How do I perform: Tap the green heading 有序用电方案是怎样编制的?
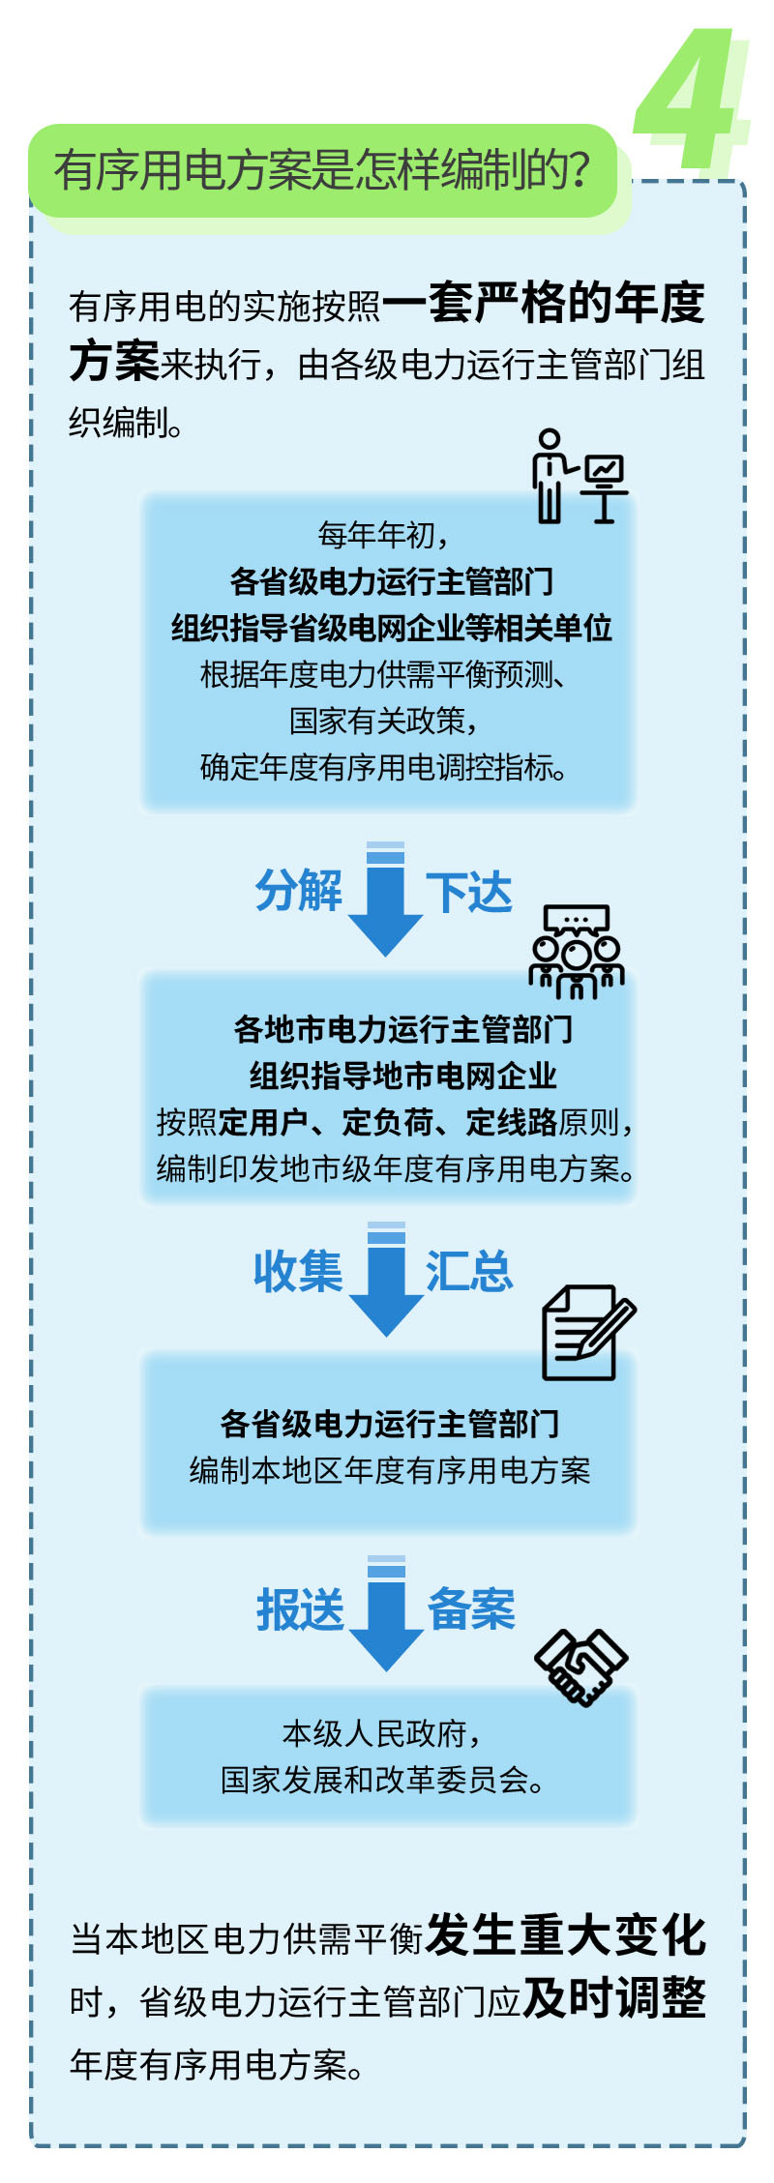[x=322, y=170]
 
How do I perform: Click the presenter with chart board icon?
[x=579, y=476]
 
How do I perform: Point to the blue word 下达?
[x=469, y=892]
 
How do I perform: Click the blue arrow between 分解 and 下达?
[x=386, y=899]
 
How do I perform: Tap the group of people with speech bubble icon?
[x=577, y=951]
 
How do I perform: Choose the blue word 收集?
[x=298, y=1271]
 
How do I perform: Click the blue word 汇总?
[x=469, y=1271]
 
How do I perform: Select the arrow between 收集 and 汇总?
[x=386, y=1279]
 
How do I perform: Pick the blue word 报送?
[x=300, y=1610]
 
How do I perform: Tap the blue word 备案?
[x=471, y=1608]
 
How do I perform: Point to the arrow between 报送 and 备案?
[x=386, y=1613]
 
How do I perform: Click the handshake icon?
[x=581, y=1667]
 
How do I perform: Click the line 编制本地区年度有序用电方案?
[x=389, y=1470]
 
